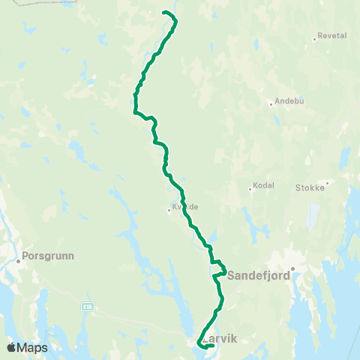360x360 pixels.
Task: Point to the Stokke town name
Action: click(310, 187)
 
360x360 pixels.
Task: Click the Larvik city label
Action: click(220, 339)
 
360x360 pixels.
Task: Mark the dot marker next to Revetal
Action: click(315, 38)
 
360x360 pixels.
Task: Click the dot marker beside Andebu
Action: click(271, 104)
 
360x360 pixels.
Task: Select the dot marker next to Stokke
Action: click(327, 182)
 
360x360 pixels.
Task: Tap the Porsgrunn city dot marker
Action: click(18, 262)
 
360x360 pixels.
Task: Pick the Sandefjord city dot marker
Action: click(294, 268)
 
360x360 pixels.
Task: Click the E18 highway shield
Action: click(88, 306)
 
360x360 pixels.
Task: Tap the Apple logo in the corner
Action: click(11, 347)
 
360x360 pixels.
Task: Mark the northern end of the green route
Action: click(164, 13)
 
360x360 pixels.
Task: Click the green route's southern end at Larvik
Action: click(214, 345)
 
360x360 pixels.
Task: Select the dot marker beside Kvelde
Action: click(169, 210)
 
